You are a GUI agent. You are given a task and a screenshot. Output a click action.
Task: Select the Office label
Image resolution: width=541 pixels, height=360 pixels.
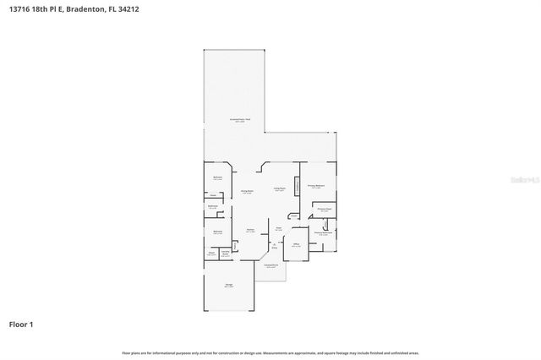click(x=297, y=244)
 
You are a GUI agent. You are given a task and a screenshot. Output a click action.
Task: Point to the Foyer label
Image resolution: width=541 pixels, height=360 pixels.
click(x=278, y=228)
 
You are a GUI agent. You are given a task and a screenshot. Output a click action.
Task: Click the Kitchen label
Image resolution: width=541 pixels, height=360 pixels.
click(x=251, y=231)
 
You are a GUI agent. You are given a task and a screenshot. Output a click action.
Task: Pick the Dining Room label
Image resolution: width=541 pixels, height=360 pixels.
click(x=248, y=192)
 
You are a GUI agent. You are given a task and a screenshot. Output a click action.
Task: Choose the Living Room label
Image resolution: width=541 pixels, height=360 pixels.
click(x=279, y=189)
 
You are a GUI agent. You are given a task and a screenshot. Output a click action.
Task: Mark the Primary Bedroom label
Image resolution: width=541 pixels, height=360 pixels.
click(x=316, y=186)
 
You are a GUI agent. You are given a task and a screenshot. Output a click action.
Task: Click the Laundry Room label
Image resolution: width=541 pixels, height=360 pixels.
click(x=226, y=253)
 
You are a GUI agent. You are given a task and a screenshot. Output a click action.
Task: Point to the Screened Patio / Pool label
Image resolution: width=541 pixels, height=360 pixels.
click(x=244, y=121)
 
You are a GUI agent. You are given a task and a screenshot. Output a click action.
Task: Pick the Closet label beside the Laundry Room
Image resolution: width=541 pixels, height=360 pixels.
click(x=211, y=253)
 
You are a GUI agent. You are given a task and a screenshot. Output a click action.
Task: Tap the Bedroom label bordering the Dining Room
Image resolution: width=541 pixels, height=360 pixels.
click(x=217, y=177)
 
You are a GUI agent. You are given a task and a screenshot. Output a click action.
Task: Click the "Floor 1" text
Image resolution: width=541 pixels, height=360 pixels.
click(x=21, y=324)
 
